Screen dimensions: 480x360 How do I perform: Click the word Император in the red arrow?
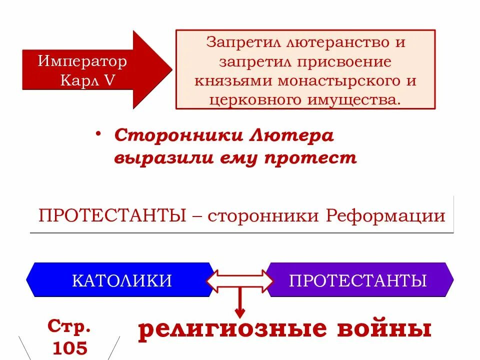coord(82,62)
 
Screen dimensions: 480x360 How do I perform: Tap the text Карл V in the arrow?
coord(88,80)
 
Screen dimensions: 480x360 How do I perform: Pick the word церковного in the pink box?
coord(250,99)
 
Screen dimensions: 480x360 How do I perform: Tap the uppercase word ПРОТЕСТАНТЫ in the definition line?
coord(109,216)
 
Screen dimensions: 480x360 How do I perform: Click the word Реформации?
coord(385,216)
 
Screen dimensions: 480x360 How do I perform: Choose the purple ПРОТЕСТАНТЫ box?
coord(358,280)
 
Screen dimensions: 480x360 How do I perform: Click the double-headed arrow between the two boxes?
coord(240,280)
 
